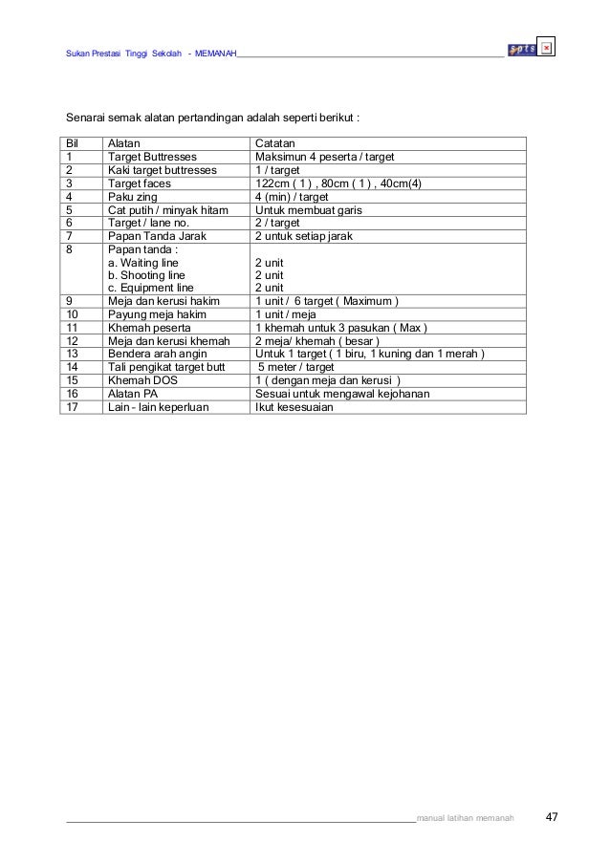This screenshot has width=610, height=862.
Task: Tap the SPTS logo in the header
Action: click(522, 50)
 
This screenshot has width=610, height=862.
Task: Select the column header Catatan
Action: click(275, 143)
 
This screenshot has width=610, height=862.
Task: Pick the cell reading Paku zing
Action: click(131, 197)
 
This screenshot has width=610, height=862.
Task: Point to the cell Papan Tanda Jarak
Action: click(156, 236)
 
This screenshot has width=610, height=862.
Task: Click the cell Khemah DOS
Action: click(142, 379)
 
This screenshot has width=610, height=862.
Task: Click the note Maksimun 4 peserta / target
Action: click(325, 157)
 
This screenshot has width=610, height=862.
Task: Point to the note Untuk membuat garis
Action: click(309, 209)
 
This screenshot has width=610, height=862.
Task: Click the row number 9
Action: click(70, 301)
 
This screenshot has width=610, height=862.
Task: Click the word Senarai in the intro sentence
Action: click(86, 119)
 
